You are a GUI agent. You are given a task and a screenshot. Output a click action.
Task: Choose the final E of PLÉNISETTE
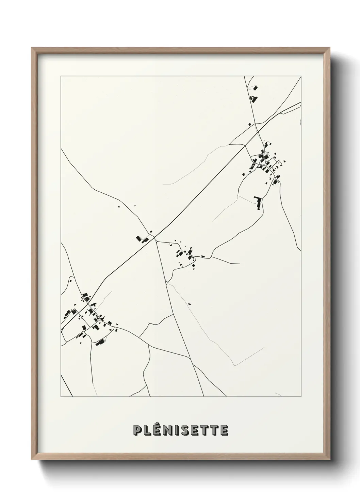pyautogui.click(x=224, y=430)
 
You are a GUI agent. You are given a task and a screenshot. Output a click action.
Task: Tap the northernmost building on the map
pyautogui.click(x=255, y=88)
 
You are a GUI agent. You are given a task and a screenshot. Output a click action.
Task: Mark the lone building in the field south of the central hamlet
pyautogui.click(x=190, y=304)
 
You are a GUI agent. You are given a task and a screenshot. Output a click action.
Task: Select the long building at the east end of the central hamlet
pyautogui.click(x=203, y=256)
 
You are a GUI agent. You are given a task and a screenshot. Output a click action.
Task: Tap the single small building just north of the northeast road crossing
pyautogui.click(x=249, y=124)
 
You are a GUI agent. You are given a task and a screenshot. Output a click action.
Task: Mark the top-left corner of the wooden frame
pyautogui.click(x=32, y=48)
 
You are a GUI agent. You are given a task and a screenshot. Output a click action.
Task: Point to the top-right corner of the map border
pyautogui.click(x=301, y=76)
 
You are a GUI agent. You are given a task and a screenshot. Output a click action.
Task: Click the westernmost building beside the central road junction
pyautogui.click(x=138, y=238)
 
